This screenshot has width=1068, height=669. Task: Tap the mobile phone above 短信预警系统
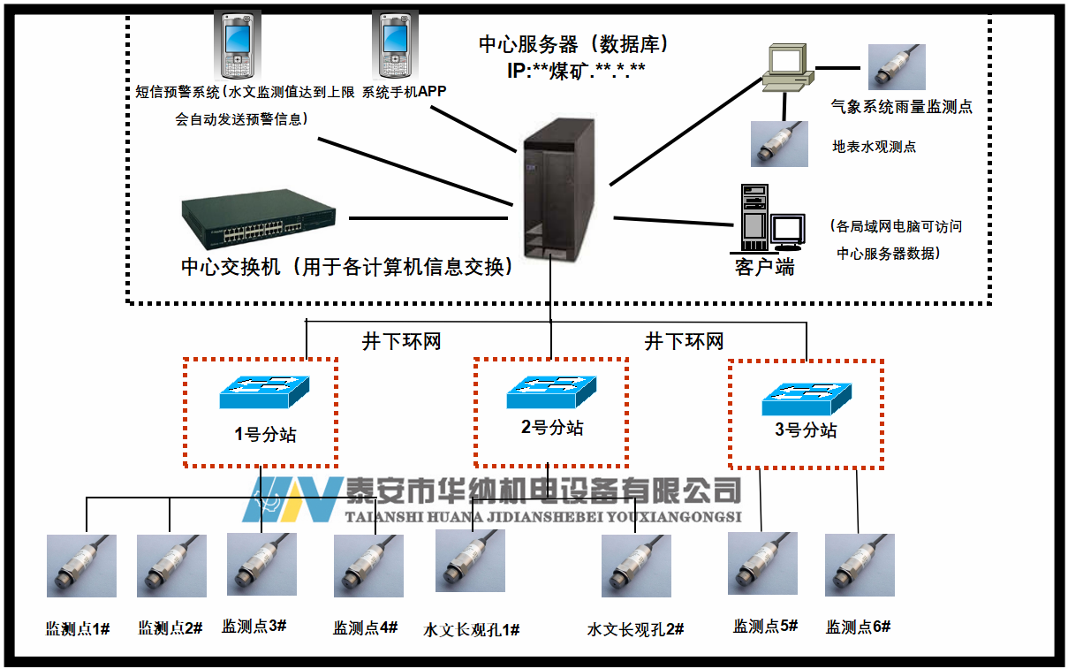[234, 45]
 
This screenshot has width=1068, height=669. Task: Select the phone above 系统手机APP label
[395, 45]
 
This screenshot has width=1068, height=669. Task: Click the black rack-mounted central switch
[259, 222]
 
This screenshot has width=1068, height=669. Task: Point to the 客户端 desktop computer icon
[771, 218]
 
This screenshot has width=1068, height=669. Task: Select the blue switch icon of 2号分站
[551, 392]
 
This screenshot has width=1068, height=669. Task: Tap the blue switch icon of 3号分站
[807, 399]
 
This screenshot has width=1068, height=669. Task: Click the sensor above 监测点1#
[81, 566]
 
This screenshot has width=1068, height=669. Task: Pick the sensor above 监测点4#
[368, 566]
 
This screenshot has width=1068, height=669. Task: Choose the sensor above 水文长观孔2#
[636, 566]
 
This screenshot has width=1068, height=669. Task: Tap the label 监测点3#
[254, 626]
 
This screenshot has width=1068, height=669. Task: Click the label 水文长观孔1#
[472, 629]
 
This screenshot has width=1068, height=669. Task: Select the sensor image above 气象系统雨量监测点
[897, 67]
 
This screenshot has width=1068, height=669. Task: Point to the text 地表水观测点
[875, 147]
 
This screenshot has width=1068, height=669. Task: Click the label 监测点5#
[765, 626]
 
